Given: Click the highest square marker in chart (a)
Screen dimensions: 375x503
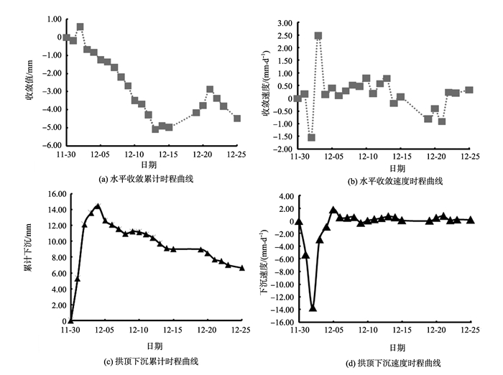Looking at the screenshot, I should [x=80, y=27].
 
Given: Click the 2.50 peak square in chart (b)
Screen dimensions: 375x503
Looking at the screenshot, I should [x=318, y=36].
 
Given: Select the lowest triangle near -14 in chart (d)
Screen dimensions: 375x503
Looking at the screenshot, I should [x=313, y=308].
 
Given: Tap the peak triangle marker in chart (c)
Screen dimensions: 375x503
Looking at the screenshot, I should [x=98, y=206].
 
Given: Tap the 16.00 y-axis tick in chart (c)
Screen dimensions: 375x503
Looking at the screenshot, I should [x=55, y=193].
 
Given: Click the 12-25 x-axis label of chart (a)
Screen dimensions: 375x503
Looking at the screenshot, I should [x=237, y=154].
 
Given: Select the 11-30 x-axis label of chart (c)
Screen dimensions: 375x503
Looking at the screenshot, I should [x=70, y=330].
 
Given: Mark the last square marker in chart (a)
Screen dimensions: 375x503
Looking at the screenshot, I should [x=237, y=118].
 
